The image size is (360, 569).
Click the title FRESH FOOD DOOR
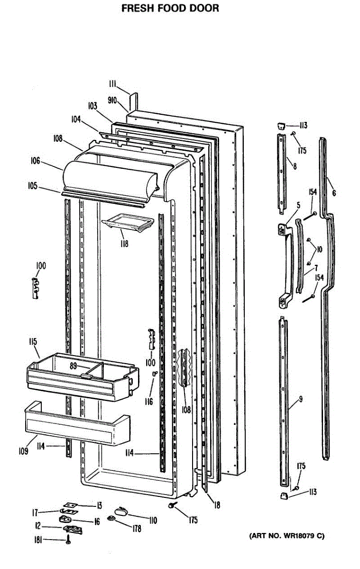[x=170, y=8]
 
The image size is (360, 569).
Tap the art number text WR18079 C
[x=287, y=536]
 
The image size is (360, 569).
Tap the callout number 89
[x=74, y=366]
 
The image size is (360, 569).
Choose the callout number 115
[x=33, y=341]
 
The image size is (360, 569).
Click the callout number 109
[x=23, y=451]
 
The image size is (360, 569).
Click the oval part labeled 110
[x=121, y=511]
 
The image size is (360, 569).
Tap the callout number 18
[x=217, y=505]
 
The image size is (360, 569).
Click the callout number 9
[x=300, y=399]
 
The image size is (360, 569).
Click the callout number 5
[x=298, y=205]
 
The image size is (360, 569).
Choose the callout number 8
[x=295, y=166]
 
